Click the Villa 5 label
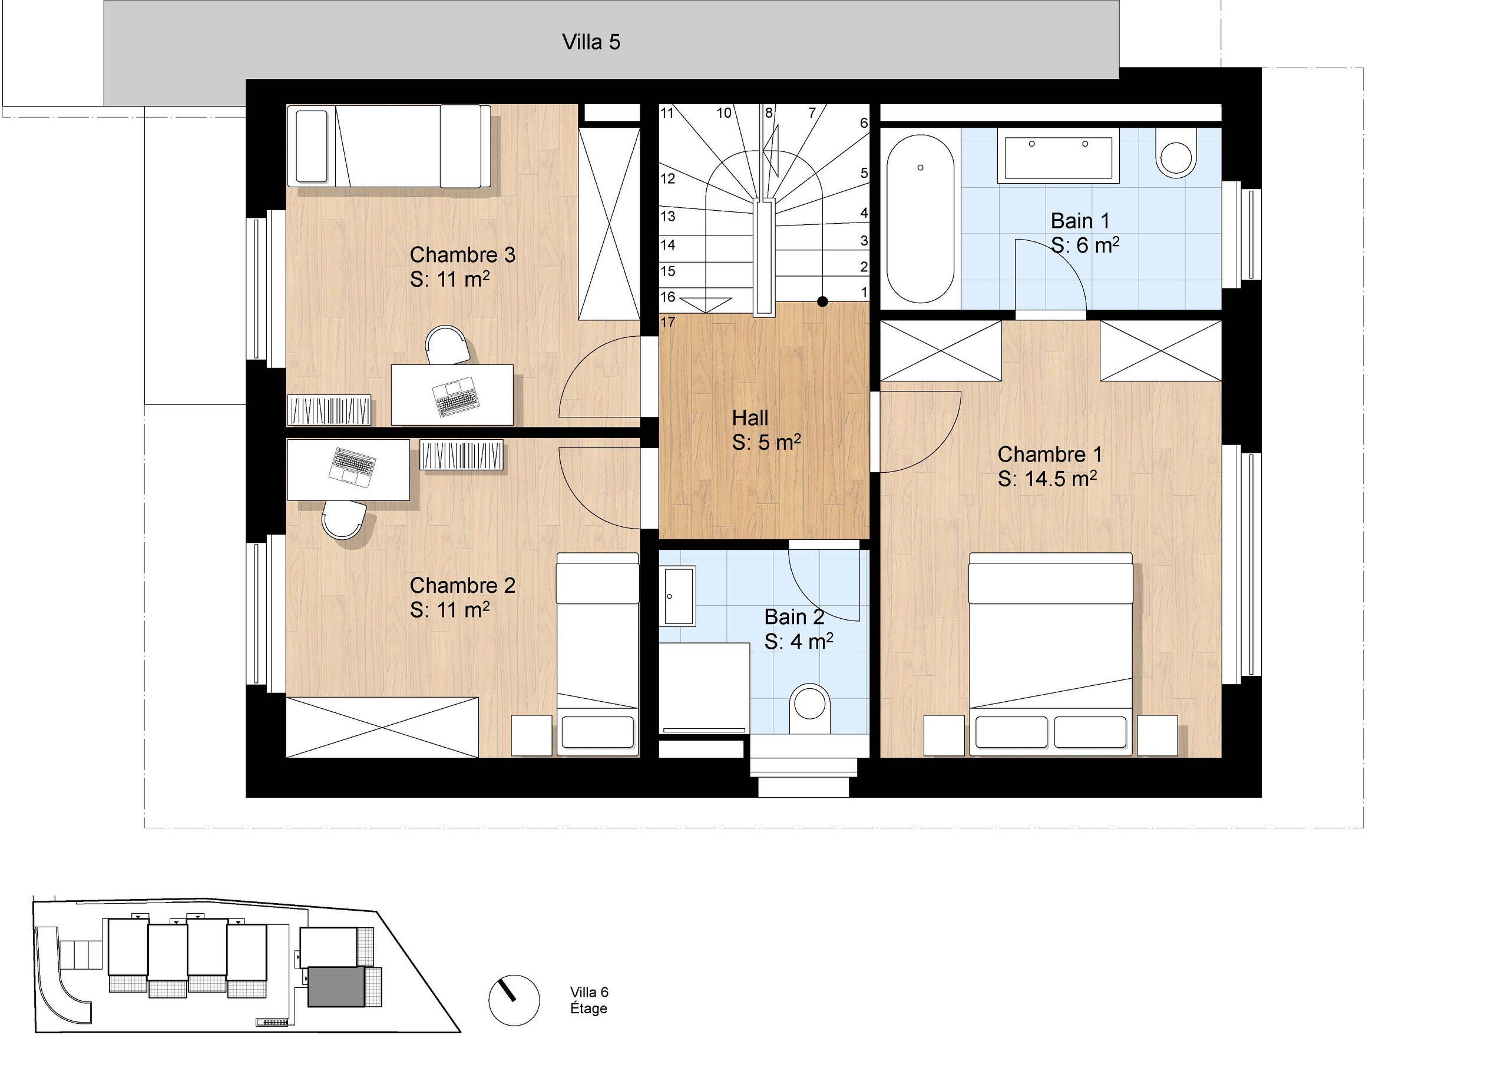tap(591, 42)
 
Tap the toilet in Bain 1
tap(1176, 153)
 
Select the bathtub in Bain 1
tap(920, 218)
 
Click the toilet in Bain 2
tap(810, 708)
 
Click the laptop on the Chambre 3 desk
tap(456, 397)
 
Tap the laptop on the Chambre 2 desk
tap(353, 466)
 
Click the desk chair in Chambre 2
tap(343, 519)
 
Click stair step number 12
tap(667, 178)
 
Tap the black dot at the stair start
tap(822, 302)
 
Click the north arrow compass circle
tap(514, 1000)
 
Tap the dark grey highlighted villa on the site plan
tap(336, 986)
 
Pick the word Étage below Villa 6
tap(588, 1008)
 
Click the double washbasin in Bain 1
tap(1058, 155)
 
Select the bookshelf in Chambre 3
tap(329, 410)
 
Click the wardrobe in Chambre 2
tap(382, 728)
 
